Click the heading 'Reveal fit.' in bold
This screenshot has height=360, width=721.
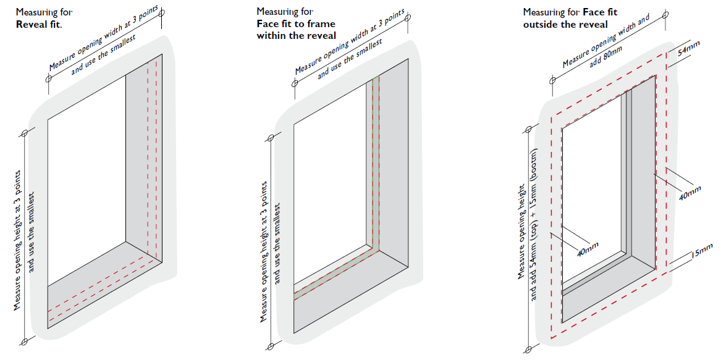[x=39, y=23]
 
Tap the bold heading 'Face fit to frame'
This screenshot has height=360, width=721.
[x=296, y=23]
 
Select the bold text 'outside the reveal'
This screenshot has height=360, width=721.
[x=565, y=24]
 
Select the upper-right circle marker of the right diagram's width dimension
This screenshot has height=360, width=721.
[x=665, y=15]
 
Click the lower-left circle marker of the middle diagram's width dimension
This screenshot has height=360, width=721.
[x=294, y=83]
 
